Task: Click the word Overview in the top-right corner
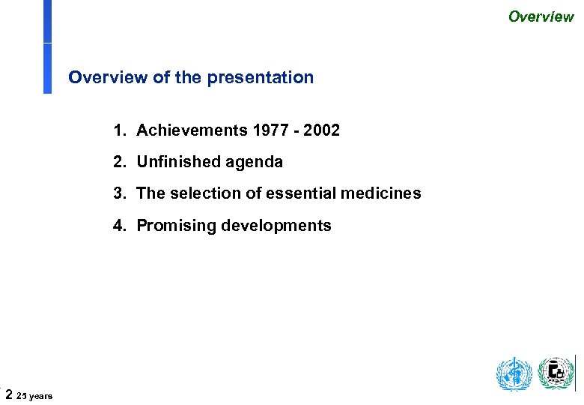click(x=541, y=16)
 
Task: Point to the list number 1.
click(x=118, y=130)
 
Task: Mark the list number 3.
click(x=118, y=193)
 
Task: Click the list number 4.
click(x=118, y=225)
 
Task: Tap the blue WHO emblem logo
click(x=514, y=373)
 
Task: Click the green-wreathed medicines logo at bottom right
click(x=556, y=373)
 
